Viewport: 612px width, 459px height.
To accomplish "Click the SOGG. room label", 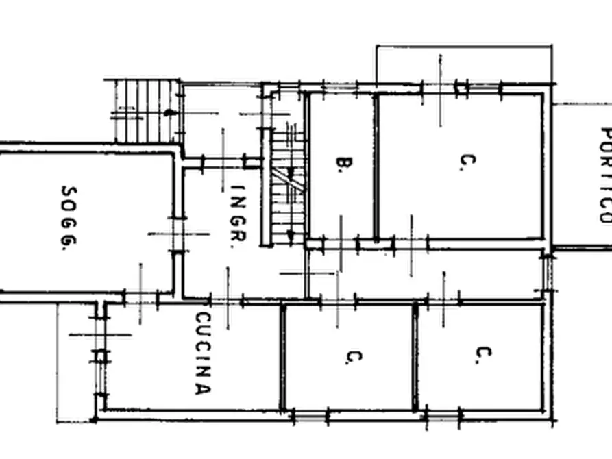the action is click(69, 218).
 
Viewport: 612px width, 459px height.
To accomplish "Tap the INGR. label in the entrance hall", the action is click(238, 216).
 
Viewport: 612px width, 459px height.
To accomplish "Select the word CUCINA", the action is click(203, 353).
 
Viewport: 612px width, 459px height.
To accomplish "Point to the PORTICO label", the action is click(606, 175).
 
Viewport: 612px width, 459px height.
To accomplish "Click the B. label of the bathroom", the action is click(345, 164).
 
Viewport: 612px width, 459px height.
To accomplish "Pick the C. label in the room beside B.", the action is click(468, 162).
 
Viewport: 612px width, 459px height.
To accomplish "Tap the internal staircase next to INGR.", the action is click(288, 186).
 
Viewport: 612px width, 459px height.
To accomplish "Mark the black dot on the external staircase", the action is click(168, 113).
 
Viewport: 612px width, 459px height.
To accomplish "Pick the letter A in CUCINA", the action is click(203, 389).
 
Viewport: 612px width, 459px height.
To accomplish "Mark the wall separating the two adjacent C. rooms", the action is click(415, 358).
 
